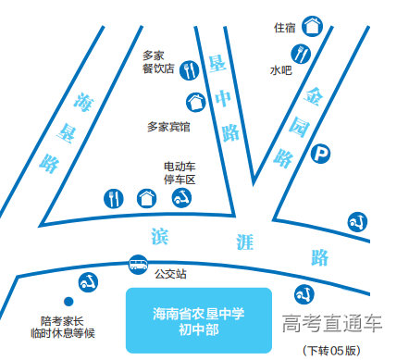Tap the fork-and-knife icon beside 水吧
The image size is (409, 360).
pos(304,69)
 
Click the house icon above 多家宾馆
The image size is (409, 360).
pos(195,102)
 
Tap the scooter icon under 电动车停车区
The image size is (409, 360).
pos(183,198)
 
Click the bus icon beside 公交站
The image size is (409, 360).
pos(137,265)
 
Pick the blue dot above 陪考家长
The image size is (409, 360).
pos(67,302)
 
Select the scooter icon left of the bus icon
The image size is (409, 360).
pos(88,280)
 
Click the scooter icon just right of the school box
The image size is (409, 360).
pos(301,295)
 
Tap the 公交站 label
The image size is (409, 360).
pos(170,274)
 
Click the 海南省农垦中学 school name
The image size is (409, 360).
pos(198,314)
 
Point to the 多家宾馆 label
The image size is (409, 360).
pos(168,127)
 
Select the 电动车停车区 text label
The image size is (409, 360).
pos(180,173)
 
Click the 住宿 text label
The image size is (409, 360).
pos(284,28)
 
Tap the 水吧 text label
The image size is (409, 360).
pos(280,69)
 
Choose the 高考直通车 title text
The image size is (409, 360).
pos(332,323)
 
